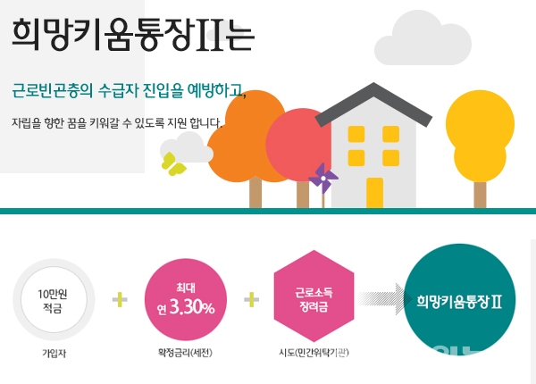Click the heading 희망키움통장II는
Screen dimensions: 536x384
[132, 35]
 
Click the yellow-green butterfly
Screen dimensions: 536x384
[173, 164]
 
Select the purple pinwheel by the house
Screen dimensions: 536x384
[322, 179]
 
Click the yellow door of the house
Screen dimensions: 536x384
[374, 192]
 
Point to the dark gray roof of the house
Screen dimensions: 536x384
[373, 103]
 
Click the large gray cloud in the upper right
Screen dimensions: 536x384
[423, 40]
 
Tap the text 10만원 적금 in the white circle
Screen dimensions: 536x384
[53, 301]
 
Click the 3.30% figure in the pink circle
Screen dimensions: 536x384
[192, 307]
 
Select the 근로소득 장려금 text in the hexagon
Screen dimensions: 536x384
[314, 300]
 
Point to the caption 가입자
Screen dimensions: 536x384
[54, 354]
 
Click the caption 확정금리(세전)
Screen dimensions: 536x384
[185, 353]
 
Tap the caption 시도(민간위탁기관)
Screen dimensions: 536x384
[314, 352]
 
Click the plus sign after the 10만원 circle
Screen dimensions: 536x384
[120, 300]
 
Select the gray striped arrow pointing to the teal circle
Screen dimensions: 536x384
[385, 298]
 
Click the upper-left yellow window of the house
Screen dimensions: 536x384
[356, 134]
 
